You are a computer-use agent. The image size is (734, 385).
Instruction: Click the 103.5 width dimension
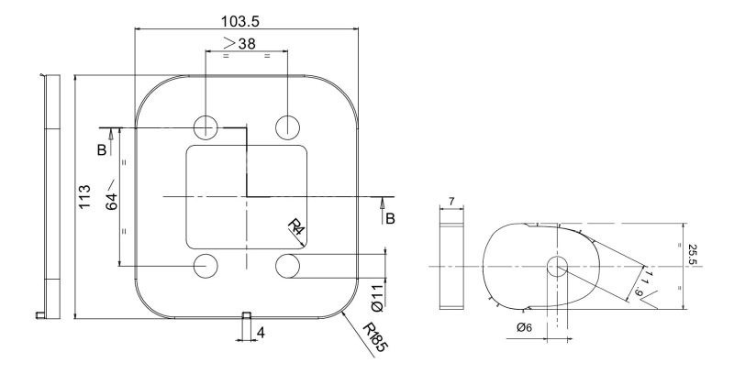(x=239, y=21)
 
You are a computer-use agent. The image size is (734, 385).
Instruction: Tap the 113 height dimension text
(x=84, y=197)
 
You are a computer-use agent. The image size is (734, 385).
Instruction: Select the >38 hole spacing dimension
(x=239, y=43)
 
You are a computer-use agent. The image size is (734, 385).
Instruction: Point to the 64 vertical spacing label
(x=111, y=197)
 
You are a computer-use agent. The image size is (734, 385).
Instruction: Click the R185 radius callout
(x=375, y=337)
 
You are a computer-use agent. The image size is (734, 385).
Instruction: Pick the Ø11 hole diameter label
(x=377, y=299)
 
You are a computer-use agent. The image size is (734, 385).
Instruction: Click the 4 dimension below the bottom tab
(x=261, y=333)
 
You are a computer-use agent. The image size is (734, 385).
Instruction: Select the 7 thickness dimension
(x=451, y=202)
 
